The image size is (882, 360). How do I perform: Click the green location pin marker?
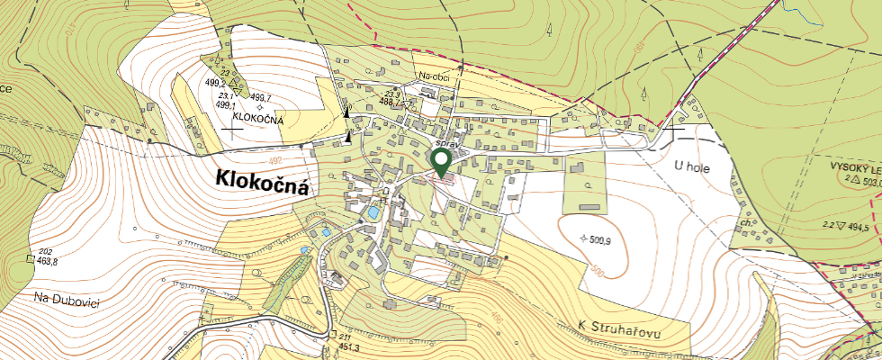[441, 161]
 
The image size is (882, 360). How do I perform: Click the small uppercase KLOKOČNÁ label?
[258, 119]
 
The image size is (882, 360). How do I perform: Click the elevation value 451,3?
[349, 347]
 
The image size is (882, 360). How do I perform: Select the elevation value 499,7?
[261, 97]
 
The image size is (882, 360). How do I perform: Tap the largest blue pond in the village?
[373, 213]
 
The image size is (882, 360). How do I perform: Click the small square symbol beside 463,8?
[28, 261]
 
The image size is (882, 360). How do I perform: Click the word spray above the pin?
[446, 143]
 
